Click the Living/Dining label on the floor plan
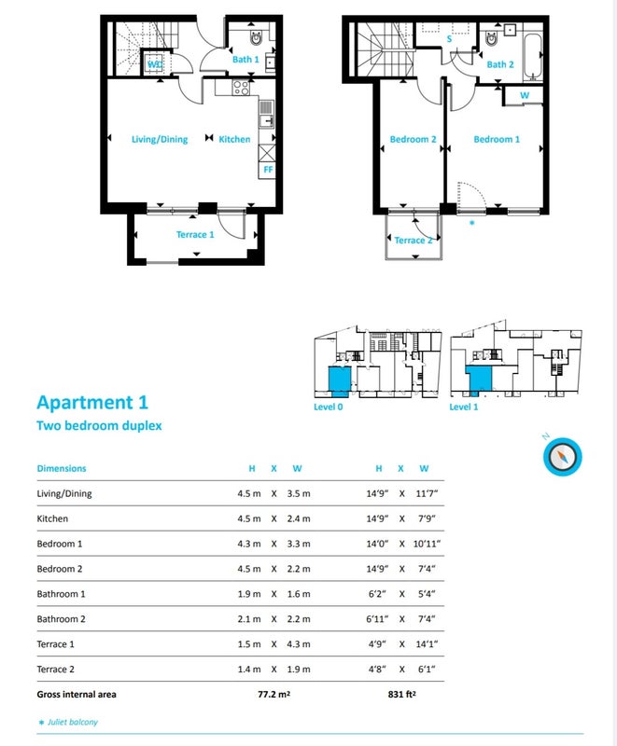pos(160,139)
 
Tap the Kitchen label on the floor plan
pos(234,139)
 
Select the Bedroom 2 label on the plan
pos(413,139)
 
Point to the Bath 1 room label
pos(245,60)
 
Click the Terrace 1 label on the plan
pos(195,235)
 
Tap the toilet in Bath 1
pos(256,37)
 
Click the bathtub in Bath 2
pos(532,57)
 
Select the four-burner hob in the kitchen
pos(241,88)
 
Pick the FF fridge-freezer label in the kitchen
pos(268,170)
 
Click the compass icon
pos(562,457)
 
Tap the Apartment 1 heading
pos(92,403)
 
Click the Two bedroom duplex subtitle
pos(99,425)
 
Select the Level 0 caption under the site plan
pos(328,407)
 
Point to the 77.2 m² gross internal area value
pos(274,694)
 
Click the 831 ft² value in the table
pos(401,694)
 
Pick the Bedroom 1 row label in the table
pos(60,544)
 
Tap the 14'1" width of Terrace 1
pos(427,644)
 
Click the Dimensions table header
pos(62,468)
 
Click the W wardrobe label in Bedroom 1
pos(525,95)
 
